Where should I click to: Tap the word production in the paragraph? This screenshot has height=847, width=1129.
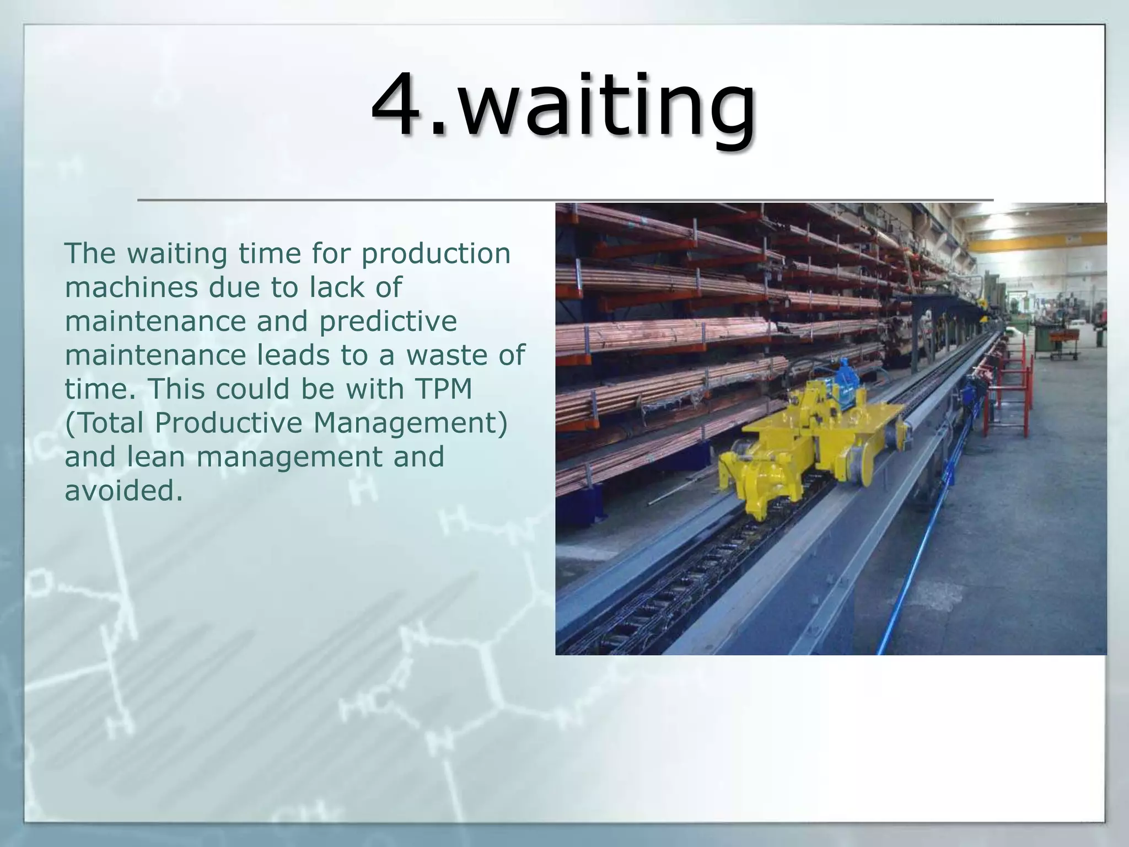click(436, 254)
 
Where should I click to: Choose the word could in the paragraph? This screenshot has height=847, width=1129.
click(252, 389)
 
